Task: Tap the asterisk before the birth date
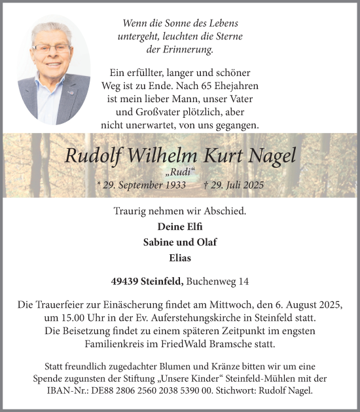pyautogui.click(x=98, y=185)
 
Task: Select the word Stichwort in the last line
pyautogui.click(x=259, y=391)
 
